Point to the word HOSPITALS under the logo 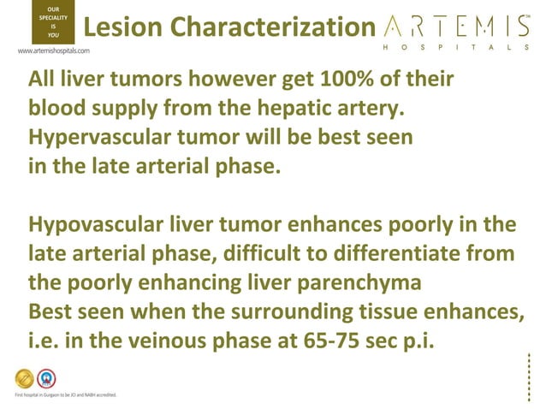point(454,48)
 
